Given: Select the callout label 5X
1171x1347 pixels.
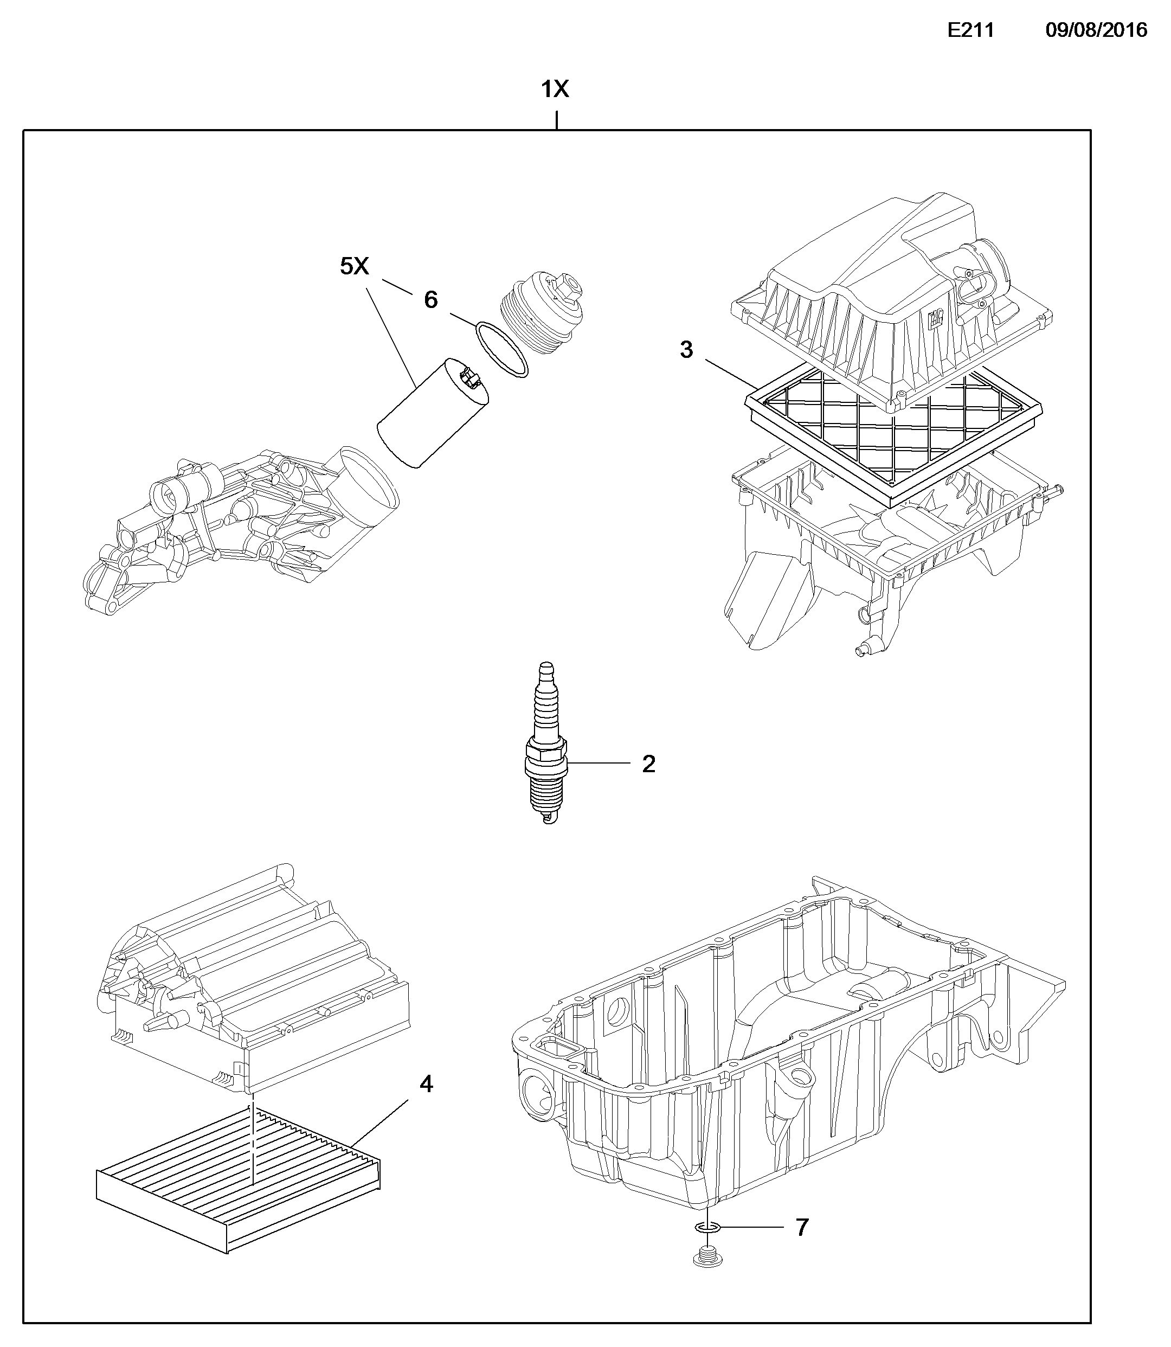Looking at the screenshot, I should click(354, 266).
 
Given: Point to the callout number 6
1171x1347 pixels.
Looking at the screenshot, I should click(430, 300).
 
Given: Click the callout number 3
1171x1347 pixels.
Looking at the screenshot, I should click(686, 350).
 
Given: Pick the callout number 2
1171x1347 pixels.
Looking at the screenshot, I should click(648, 764).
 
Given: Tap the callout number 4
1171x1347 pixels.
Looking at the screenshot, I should click(426, 1084).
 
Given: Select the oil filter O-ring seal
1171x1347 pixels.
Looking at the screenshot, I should click(501, 349).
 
